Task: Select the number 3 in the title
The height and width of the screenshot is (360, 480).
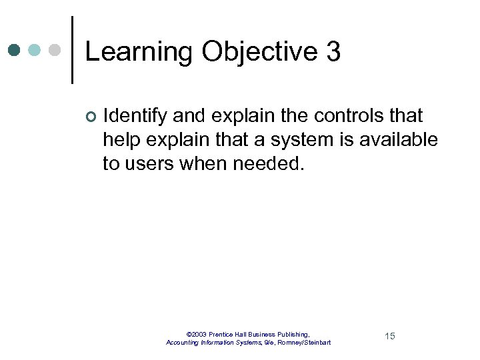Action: pos(333,51)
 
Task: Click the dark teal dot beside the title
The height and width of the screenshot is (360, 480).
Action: pos(15,50)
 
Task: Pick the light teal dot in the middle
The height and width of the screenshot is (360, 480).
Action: pos(35,50)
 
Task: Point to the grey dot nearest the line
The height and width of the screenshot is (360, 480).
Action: pos(55,50)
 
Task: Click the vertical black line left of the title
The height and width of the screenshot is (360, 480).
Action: pos(72,50)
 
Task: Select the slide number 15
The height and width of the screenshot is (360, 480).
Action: pos(390,336)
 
